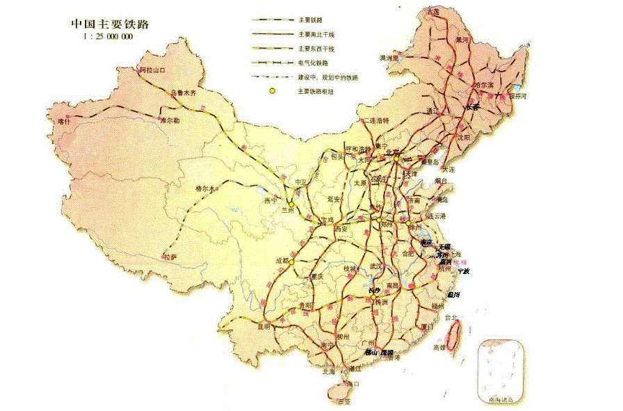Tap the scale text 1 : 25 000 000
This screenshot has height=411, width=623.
click(108, 36)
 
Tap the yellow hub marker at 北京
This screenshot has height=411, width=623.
click(396, 159)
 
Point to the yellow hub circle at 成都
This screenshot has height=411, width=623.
click(292, 261)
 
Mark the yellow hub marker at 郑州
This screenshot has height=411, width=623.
click(378, 221)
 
